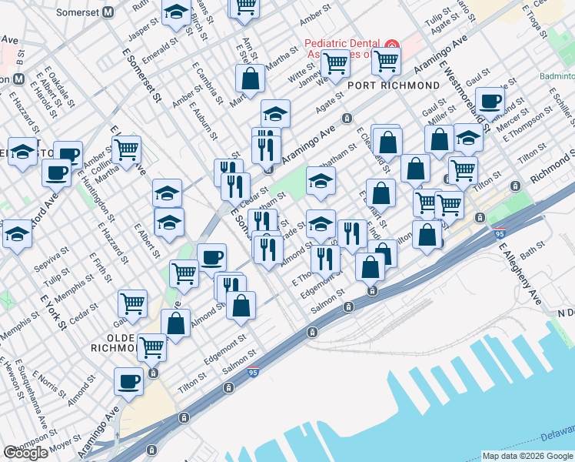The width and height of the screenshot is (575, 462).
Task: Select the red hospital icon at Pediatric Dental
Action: [x=391, y=44]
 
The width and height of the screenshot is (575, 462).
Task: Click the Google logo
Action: [x=26, y=453]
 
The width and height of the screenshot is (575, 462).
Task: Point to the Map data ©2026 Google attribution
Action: [x=527, y=456]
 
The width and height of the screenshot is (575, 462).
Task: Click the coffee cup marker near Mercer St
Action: [x=489, y=101]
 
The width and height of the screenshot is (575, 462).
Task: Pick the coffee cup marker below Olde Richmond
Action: [x=128, y=381]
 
